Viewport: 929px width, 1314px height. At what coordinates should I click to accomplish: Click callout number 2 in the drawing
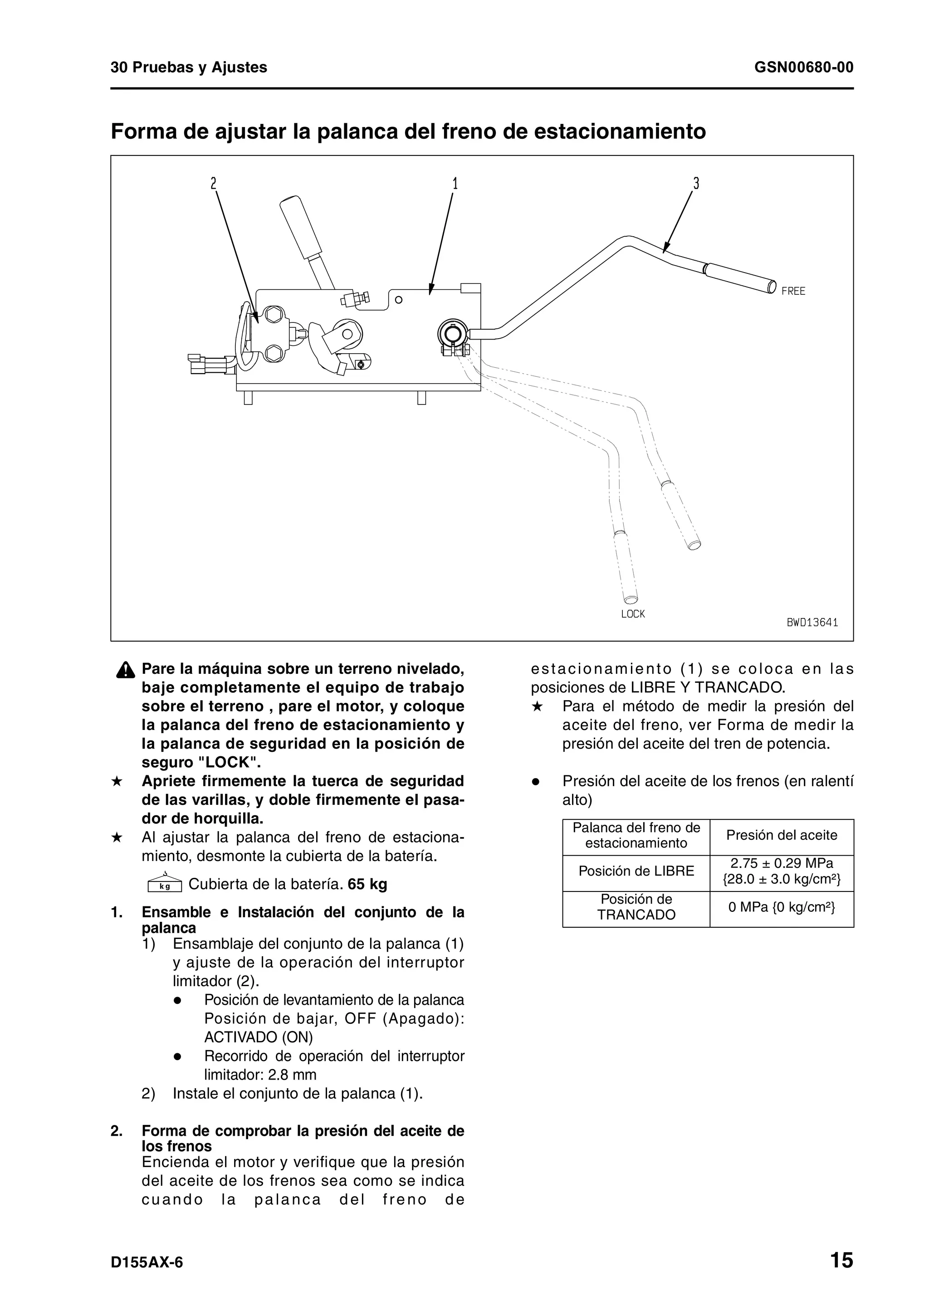[214, 184]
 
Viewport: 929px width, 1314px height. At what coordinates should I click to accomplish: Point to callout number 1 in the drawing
[455, 184]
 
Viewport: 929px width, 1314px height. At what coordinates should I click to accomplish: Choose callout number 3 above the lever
[696, 184]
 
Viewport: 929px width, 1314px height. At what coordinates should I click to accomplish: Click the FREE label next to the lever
[793, 291]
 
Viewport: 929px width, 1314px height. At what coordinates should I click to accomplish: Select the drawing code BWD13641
[812, 623]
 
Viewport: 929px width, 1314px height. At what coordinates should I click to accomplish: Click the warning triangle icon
[125, 670]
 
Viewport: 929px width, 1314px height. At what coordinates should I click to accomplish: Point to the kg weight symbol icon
[164, 884]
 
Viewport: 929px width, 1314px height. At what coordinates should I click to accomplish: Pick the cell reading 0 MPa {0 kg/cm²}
[781, 908]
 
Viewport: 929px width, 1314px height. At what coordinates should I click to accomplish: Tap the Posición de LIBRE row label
[636, 871]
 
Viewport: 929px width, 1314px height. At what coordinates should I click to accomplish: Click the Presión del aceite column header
[781, 836]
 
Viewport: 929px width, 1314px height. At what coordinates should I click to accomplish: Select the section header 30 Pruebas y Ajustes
[189, 68]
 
